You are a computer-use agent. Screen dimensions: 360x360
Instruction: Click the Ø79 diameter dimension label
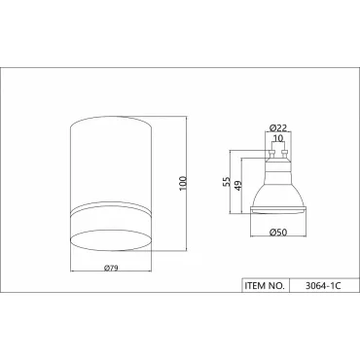(x=111, y=268)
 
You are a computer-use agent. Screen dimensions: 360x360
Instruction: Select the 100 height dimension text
(x=183, y=184)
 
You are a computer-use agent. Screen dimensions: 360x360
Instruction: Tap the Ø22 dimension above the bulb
(x=278, y=127)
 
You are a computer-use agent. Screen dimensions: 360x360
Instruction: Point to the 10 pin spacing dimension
(x=278, y=138)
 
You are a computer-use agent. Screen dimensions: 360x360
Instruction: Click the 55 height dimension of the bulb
(x=227, y=181)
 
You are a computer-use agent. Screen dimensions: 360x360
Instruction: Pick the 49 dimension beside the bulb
(x=238, y=186)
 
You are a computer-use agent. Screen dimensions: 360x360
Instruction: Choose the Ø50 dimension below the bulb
(x=278, y=233)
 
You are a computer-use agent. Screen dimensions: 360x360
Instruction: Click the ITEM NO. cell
(x=265, y=285)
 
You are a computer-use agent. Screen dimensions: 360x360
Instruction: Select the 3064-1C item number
(x=323, y=286)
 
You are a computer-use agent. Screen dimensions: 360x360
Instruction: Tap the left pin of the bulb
(x=270, y=154)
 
